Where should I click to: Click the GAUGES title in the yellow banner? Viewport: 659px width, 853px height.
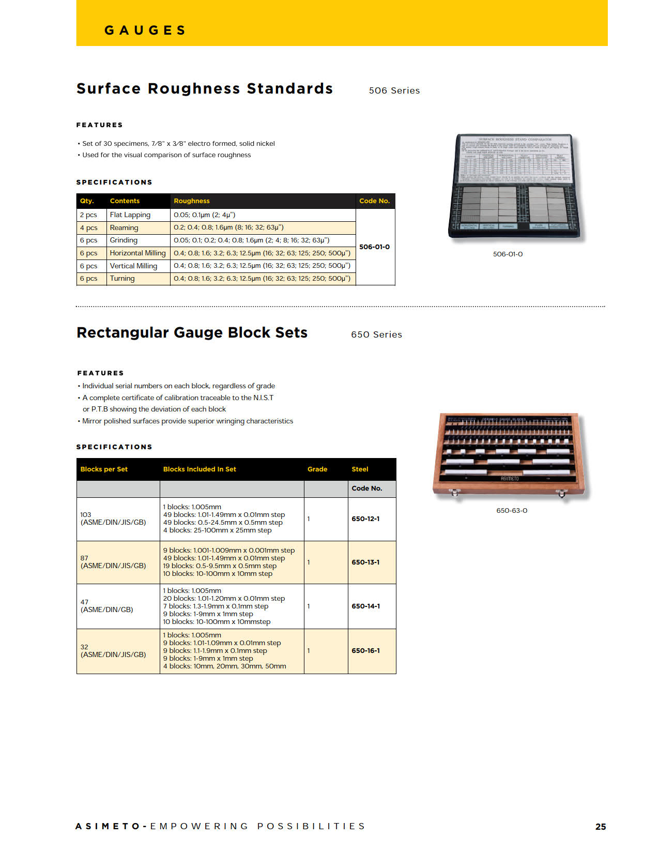tap(145, 31)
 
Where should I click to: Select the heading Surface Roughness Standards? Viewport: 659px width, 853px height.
tap(205, 89)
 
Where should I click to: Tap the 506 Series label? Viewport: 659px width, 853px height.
tap(394, 90)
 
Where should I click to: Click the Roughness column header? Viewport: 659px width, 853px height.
tap(192, 201)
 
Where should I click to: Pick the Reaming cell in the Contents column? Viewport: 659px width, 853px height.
tap(124, 227)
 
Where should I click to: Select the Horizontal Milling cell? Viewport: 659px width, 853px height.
tap(137, 253)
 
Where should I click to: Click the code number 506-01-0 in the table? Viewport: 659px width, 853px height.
tap(374, 247)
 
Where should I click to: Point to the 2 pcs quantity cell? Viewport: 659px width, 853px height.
tap(88, 215)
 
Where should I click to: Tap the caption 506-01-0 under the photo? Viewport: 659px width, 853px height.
tap(508, 254)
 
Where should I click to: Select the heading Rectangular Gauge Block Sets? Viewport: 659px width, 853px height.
tap(192, 333)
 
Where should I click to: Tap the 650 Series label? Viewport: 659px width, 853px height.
tap(376, 334)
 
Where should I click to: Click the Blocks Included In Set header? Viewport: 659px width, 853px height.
tap(200, 469)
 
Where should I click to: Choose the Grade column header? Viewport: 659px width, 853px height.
tap(317, 469)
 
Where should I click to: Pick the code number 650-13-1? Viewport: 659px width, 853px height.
tap(365, 562)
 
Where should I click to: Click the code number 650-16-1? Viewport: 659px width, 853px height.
tap(365, 651)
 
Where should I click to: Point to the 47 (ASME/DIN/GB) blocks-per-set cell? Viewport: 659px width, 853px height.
tap(106, 606)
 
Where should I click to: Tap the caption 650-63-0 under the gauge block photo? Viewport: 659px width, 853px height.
tap(512, 511)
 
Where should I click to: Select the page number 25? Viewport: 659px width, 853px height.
tap(601, 827)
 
